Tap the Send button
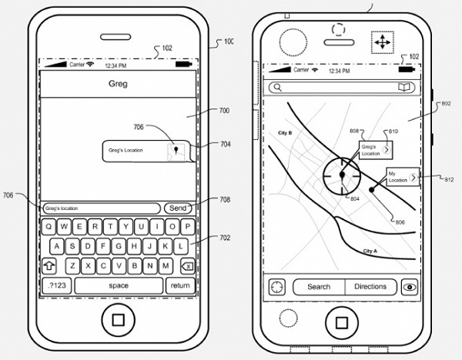pyautogui.click(x=178, y=208)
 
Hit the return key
pyautogui.click(x=179, y=285)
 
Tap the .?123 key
pyautogui.click(x=56, y=285)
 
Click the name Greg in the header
pyautogui.click(x=118, y=85)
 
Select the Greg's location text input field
pyautogui.click(x=101, y=208)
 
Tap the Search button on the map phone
pyautogui.click(x=319, y=287)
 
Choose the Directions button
pyautogui.click(x=370, y=287)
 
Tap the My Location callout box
pyautogui.click(x=400, y=177)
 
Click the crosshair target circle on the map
pyautogui.click(x=339, y=175)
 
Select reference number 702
pyautogui.click(x=224, y=238)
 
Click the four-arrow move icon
pyautogui.click(x=383, y=42)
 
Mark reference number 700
pyautogui.click(x=223, y=111)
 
